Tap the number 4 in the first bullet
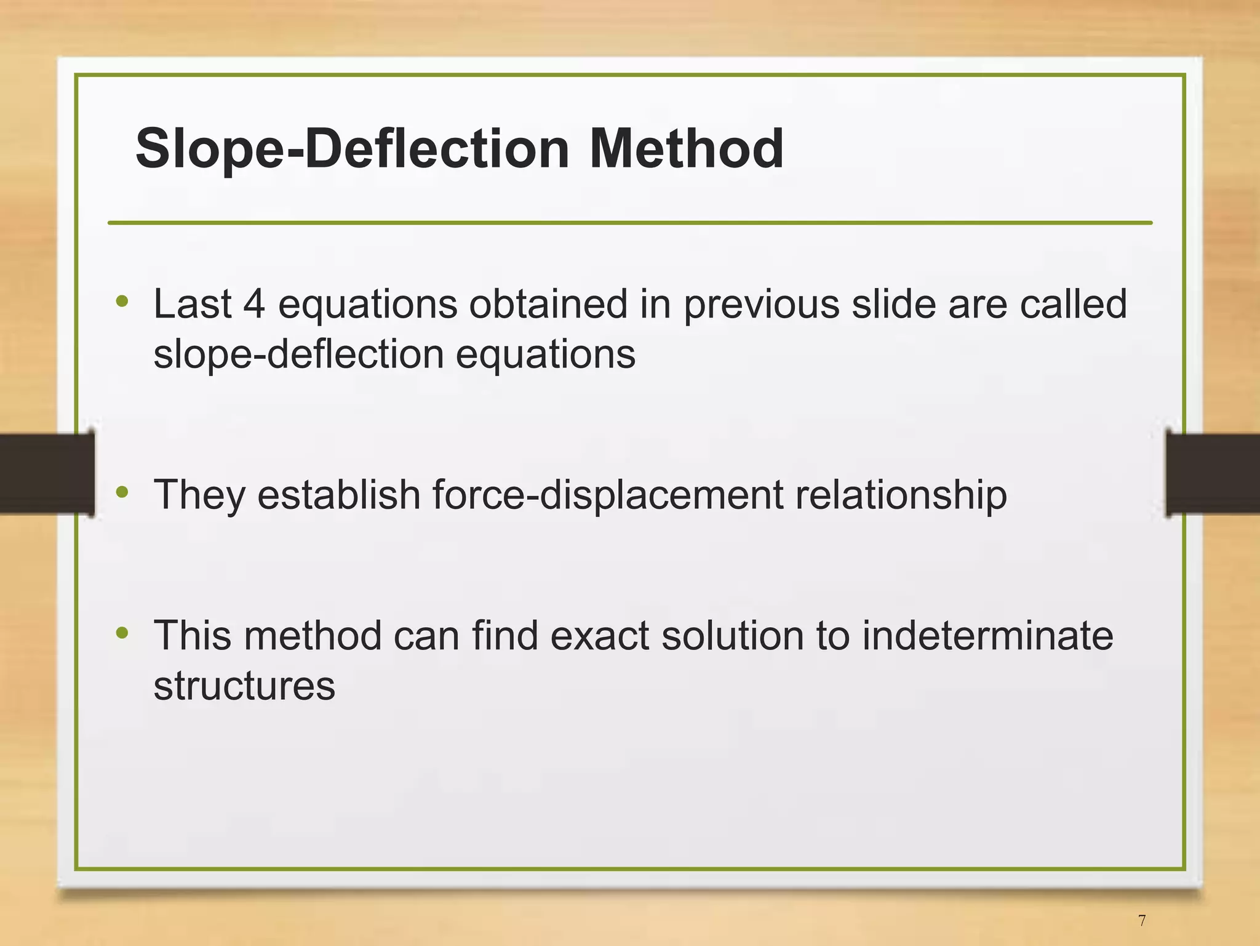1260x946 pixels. pyautogui.click(x=254, y=304)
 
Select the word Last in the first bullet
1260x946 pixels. pyautogui.click(x=193, y=304)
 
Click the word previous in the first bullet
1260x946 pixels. pyautogui.click(x=761, y=305)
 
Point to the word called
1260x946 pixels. pyautogui.click(x=1073, y=304)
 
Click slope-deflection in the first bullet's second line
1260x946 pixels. pyautogui.click(x=298, y=355)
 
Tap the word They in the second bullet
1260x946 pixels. pyautogui.click(x=199, y=495)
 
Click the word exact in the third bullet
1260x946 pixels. pyautogui.click(x=599, y=635)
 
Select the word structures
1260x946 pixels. pyautogui.click(x=244, y=686)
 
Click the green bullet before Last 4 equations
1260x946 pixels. pyautogui.click(x=122, y=301)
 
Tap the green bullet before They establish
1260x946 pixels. pyautogui.click(x=122, y=492)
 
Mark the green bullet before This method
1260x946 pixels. pyautogui.click(x=122, y=632)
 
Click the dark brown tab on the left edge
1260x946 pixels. pyautogui.click(x=46, y=473)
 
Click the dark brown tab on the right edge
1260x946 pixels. pyautogui.click(x=1213, y=473)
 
